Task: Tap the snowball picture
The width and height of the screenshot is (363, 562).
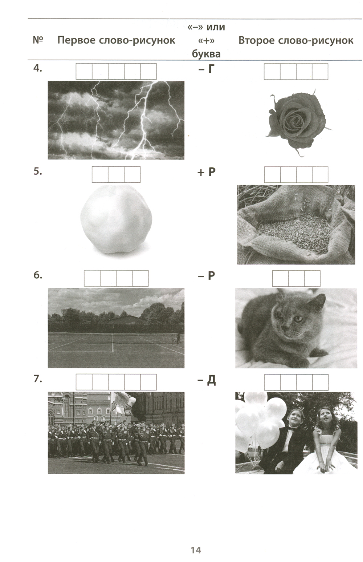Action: click(116, 219)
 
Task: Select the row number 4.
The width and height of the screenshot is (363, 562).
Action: click(38, 68)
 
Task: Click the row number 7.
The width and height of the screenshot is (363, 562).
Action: click(38, 379)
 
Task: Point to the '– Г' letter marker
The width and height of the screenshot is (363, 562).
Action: click(207, 69)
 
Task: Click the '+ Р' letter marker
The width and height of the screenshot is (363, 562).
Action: click(207, 172)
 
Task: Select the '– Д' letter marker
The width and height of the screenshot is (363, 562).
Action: click(207, 380)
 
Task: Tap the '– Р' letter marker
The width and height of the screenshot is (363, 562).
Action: click(207, 276)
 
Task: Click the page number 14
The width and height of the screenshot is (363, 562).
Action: click(196, 550)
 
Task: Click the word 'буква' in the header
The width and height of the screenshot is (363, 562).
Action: click(206, 54)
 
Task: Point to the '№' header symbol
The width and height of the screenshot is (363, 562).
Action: click(38, 40)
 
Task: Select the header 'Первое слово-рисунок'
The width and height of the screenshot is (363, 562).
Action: click(116, 40)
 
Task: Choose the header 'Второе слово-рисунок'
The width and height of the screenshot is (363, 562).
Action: click(296, 40)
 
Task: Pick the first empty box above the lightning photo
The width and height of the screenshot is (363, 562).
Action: click(84, 72)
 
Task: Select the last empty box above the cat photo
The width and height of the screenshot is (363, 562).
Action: click(312, 279)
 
